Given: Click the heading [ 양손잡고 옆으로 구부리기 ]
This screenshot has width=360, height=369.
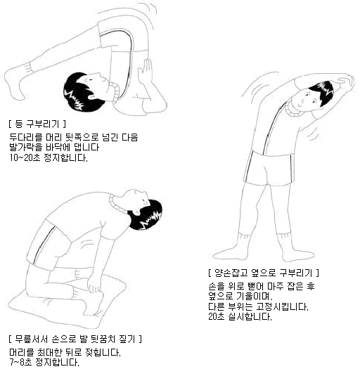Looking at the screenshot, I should (x=264, y=272).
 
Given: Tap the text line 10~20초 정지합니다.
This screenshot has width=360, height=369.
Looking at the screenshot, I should (x=48, y=157).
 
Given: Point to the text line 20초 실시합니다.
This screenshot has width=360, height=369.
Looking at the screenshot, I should (x=240, y=317).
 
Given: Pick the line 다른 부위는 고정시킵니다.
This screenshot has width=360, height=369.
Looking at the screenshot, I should (x=258, y=307).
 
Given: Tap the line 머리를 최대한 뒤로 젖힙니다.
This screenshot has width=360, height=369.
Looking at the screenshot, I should (x=65, y=352).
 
